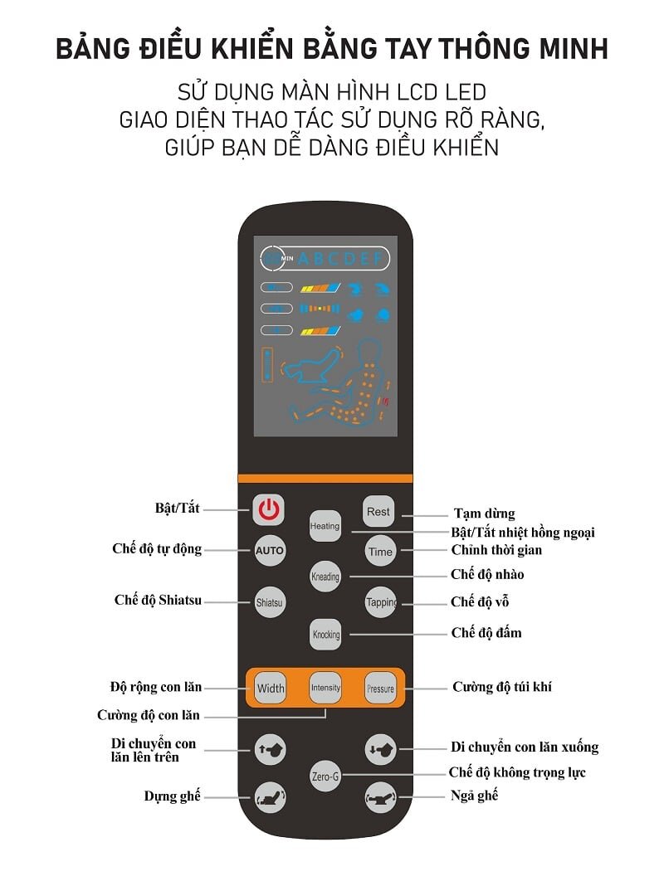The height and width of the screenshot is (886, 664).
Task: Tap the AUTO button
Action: [269, 551]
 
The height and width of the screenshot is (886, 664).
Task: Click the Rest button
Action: [378, 512]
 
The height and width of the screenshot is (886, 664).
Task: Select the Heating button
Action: [325, 526]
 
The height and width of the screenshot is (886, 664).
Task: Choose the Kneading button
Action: [325, 577]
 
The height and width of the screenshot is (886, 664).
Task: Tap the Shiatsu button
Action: [269, 603]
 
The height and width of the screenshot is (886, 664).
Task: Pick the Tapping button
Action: [380, 603]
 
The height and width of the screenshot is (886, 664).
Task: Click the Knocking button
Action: [325, 635]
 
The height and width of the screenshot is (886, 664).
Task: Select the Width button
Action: [271, 688]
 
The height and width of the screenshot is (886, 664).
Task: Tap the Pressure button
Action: [380, 689]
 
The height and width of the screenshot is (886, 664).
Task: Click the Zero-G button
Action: [325, 776]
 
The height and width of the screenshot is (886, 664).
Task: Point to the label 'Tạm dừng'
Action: [484, 514]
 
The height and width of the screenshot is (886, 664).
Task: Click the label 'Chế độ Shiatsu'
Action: [158, 601]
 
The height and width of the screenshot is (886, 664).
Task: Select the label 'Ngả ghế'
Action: [474, 796]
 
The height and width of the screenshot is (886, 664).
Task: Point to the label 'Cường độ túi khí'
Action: [501, 687]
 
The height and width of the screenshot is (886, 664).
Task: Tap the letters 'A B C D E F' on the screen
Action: [340, 259]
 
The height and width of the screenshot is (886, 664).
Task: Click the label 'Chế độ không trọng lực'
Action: [517, 772]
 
